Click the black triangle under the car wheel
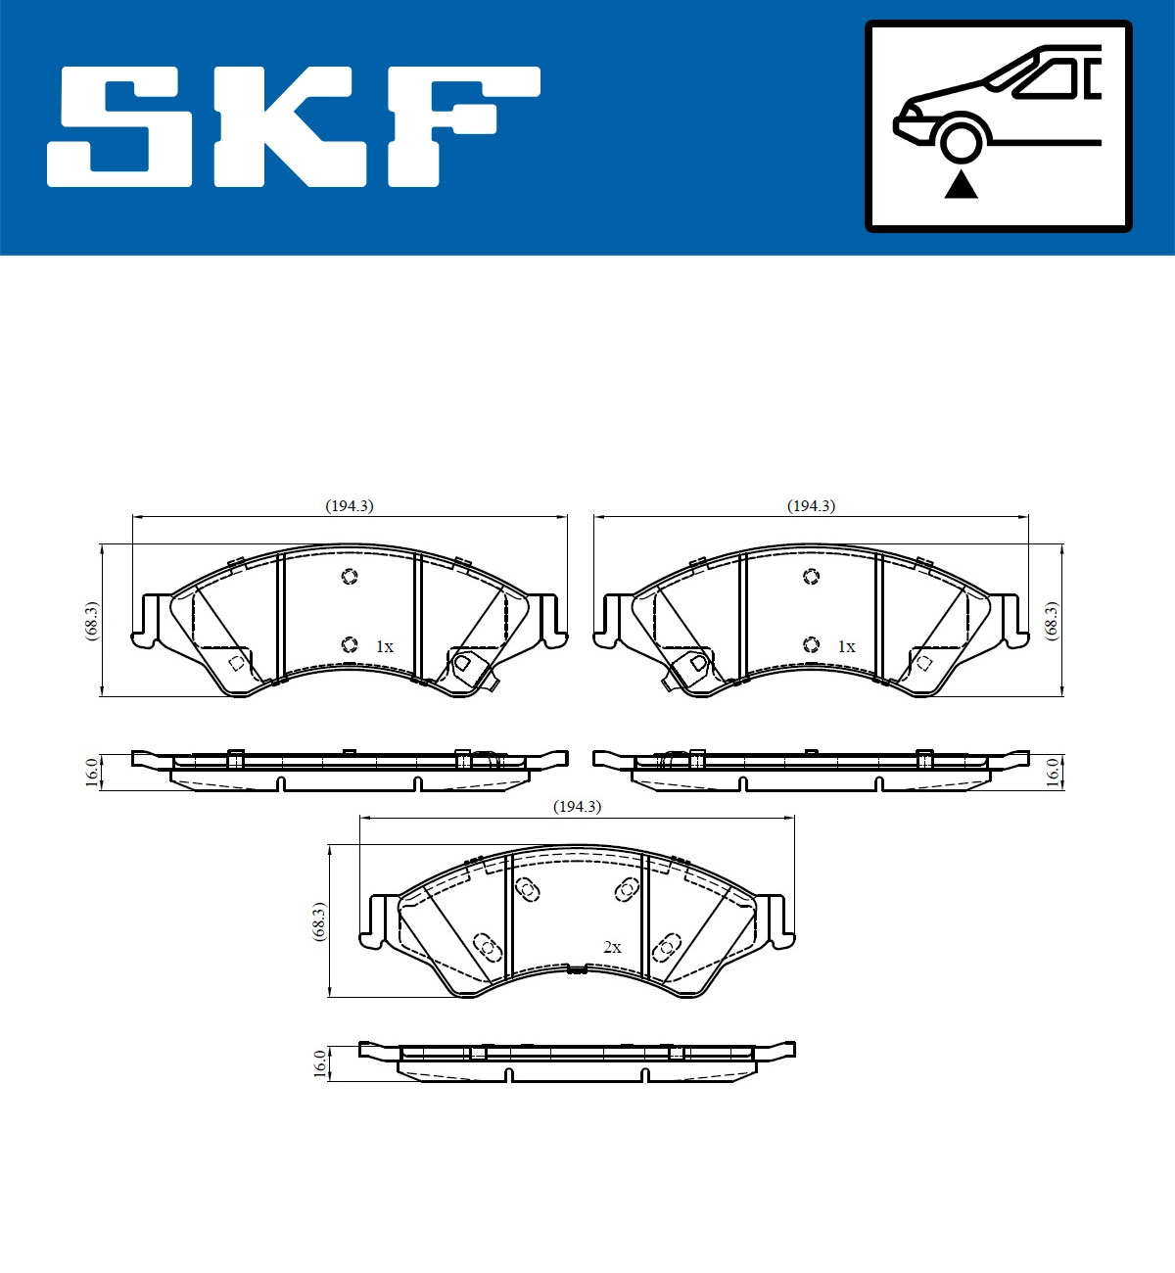961,185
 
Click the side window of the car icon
1048,78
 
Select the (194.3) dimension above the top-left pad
350,506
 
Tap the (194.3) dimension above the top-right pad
812,506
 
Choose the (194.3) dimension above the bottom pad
577,807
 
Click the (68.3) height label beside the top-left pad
91,621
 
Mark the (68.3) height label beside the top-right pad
1052,621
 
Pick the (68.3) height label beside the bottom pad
318,921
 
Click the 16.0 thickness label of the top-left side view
91,772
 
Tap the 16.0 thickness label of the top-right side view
1053,772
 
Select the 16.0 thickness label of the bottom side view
318,1063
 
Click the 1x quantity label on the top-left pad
384,647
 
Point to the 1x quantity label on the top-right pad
846,647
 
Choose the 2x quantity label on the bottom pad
612,948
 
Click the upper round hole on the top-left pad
350,577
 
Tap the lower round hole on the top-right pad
811,644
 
